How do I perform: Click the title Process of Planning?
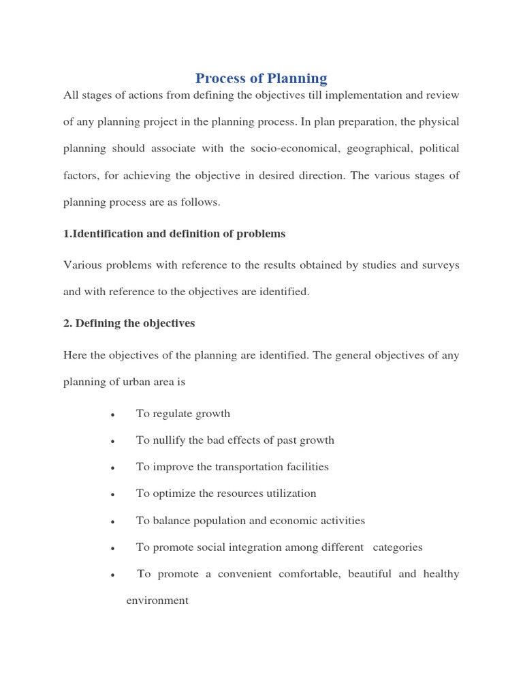[261, 78]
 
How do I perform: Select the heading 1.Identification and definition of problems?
[174, 234]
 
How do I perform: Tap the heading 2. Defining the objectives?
[129, 323]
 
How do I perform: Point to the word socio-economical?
[292, 149]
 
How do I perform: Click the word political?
[439, 149]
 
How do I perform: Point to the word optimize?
[173, 494]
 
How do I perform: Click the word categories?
[398, 547]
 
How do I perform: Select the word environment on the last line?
[157, 601]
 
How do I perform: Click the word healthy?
[441, 574]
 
